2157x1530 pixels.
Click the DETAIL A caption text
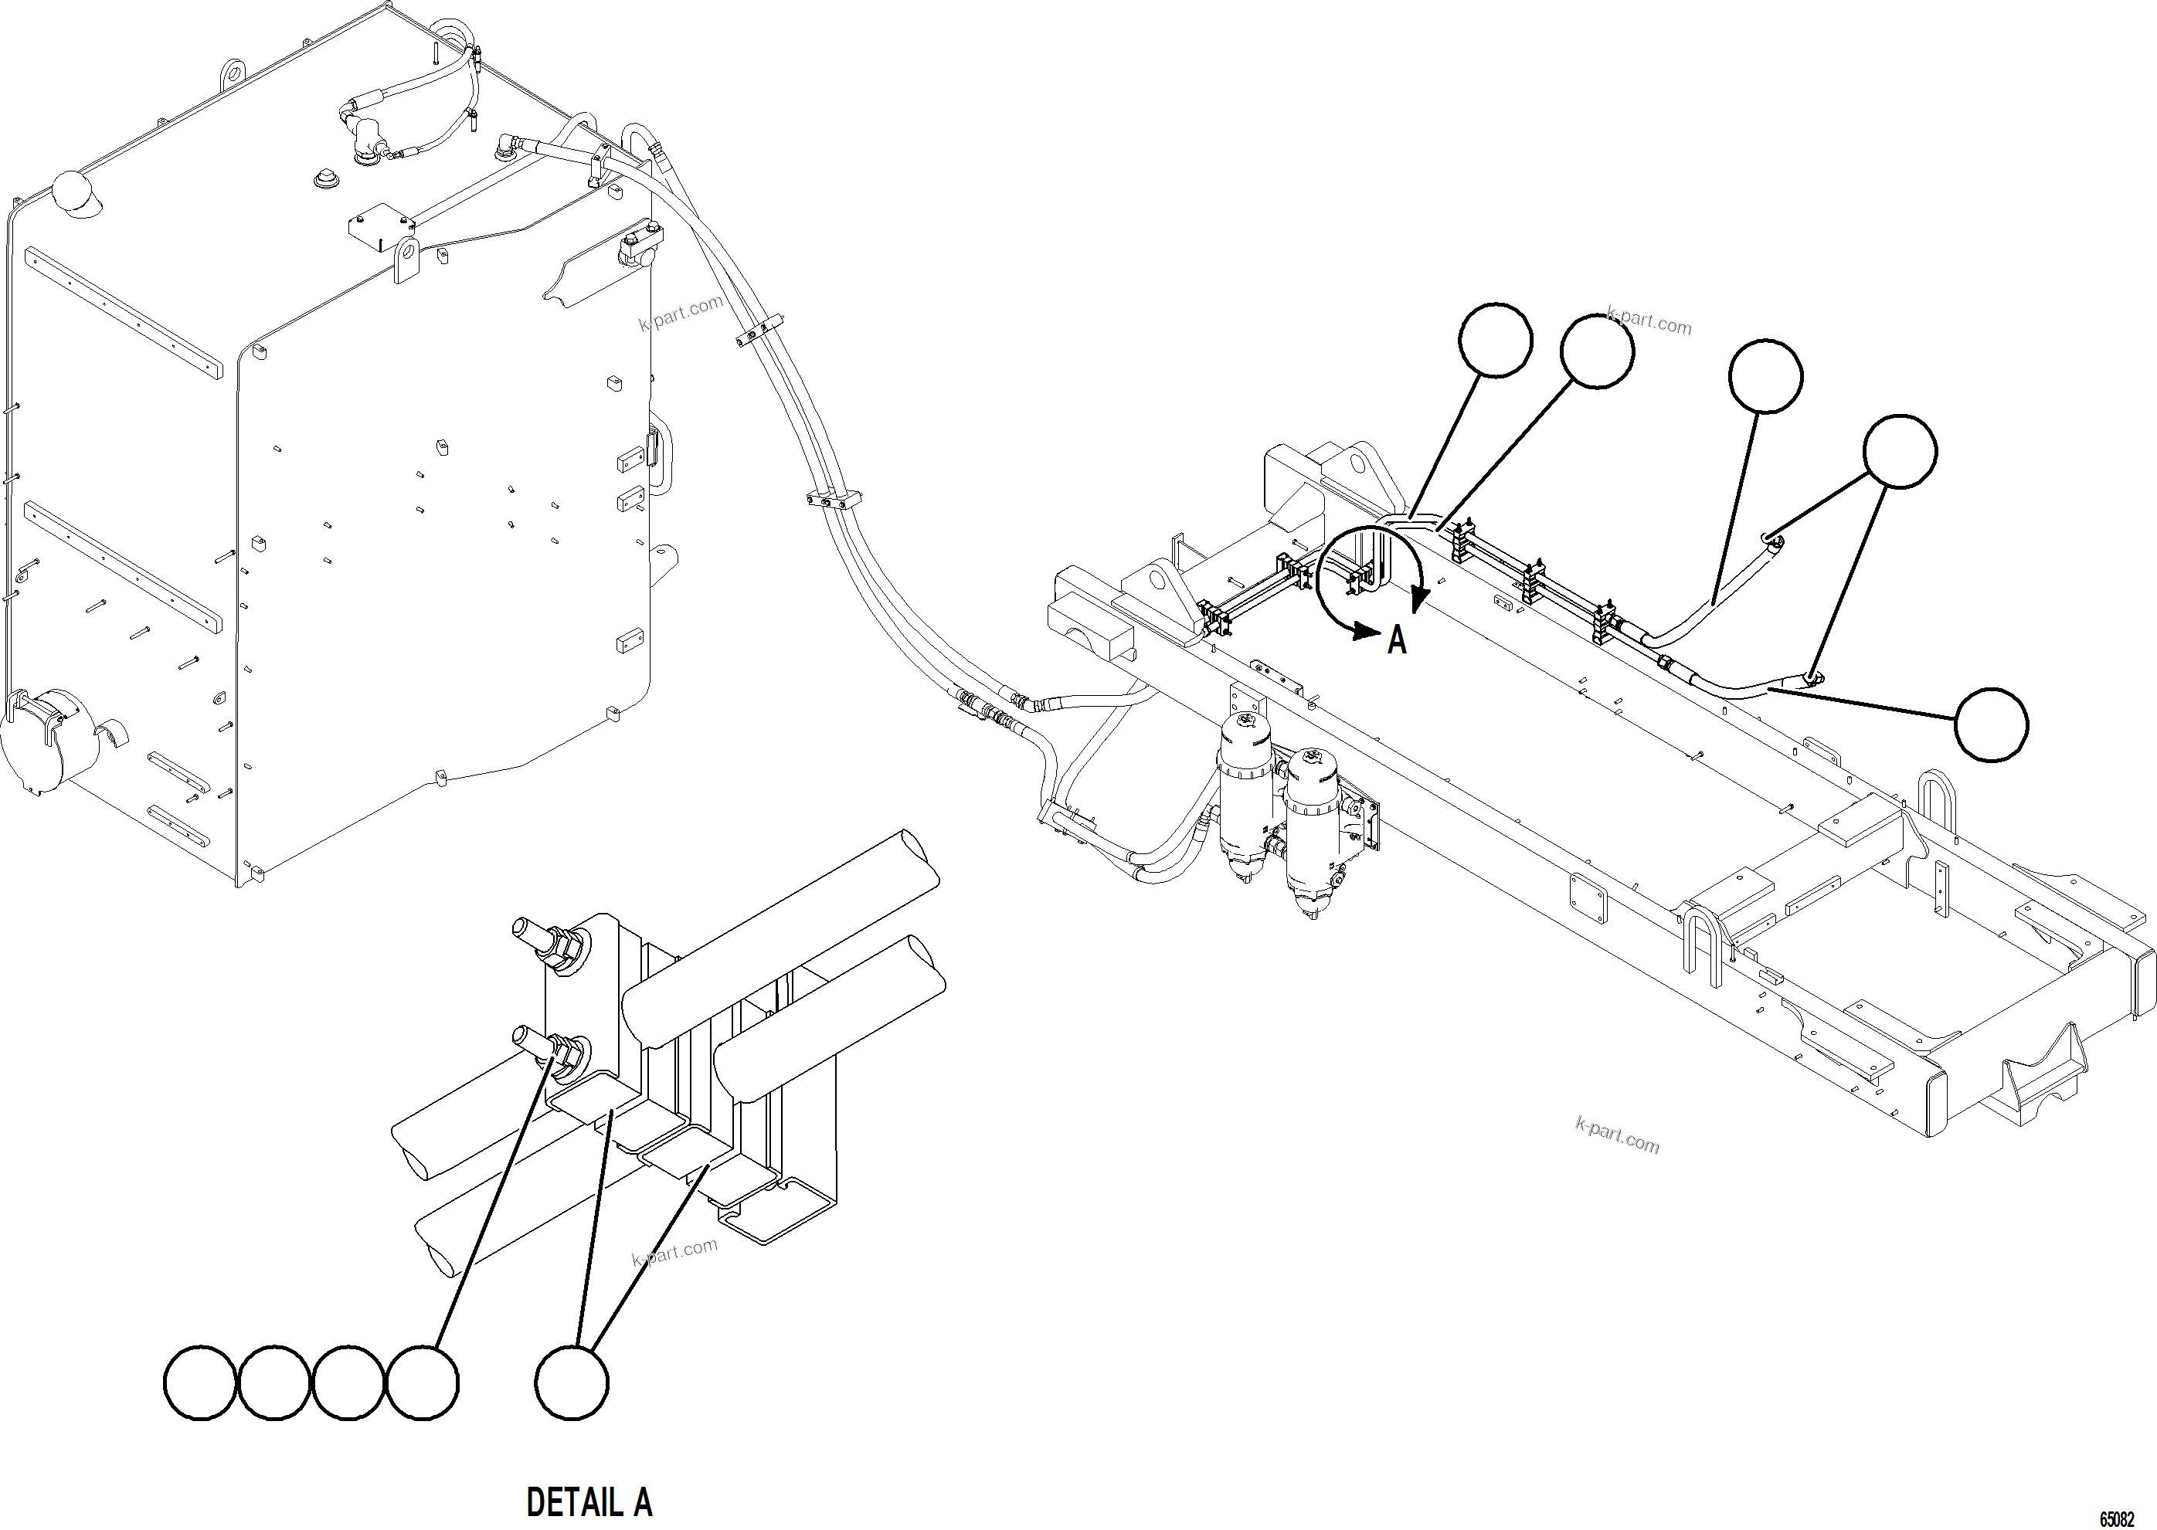coord(589,1501)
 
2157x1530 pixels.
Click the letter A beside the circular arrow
coord(1397,640)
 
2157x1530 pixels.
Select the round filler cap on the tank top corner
coord(73,193)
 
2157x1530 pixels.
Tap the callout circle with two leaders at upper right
coord(1901,451)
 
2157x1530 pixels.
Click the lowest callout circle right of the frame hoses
coord(1991,724)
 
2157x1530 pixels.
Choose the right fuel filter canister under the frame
coord(1311,829)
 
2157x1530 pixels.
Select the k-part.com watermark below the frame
coord(1617,1135)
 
